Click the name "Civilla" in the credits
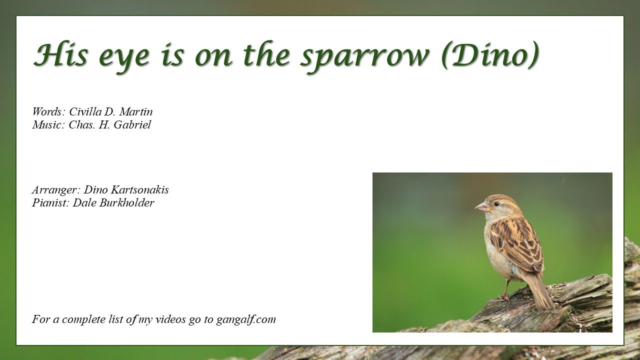(85, 111)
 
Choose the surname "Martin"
(136, 111)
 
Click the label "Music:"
(48, 124)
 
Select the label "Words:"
(49, 111)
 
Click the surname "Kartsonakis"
(139, 189)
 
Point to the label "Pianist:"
(50, 203)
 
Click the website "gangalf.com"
(246, 319)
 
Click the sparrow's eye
(496, 203)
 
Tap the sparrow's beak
(482, 207)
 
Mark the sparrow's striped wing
(517, 245)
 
